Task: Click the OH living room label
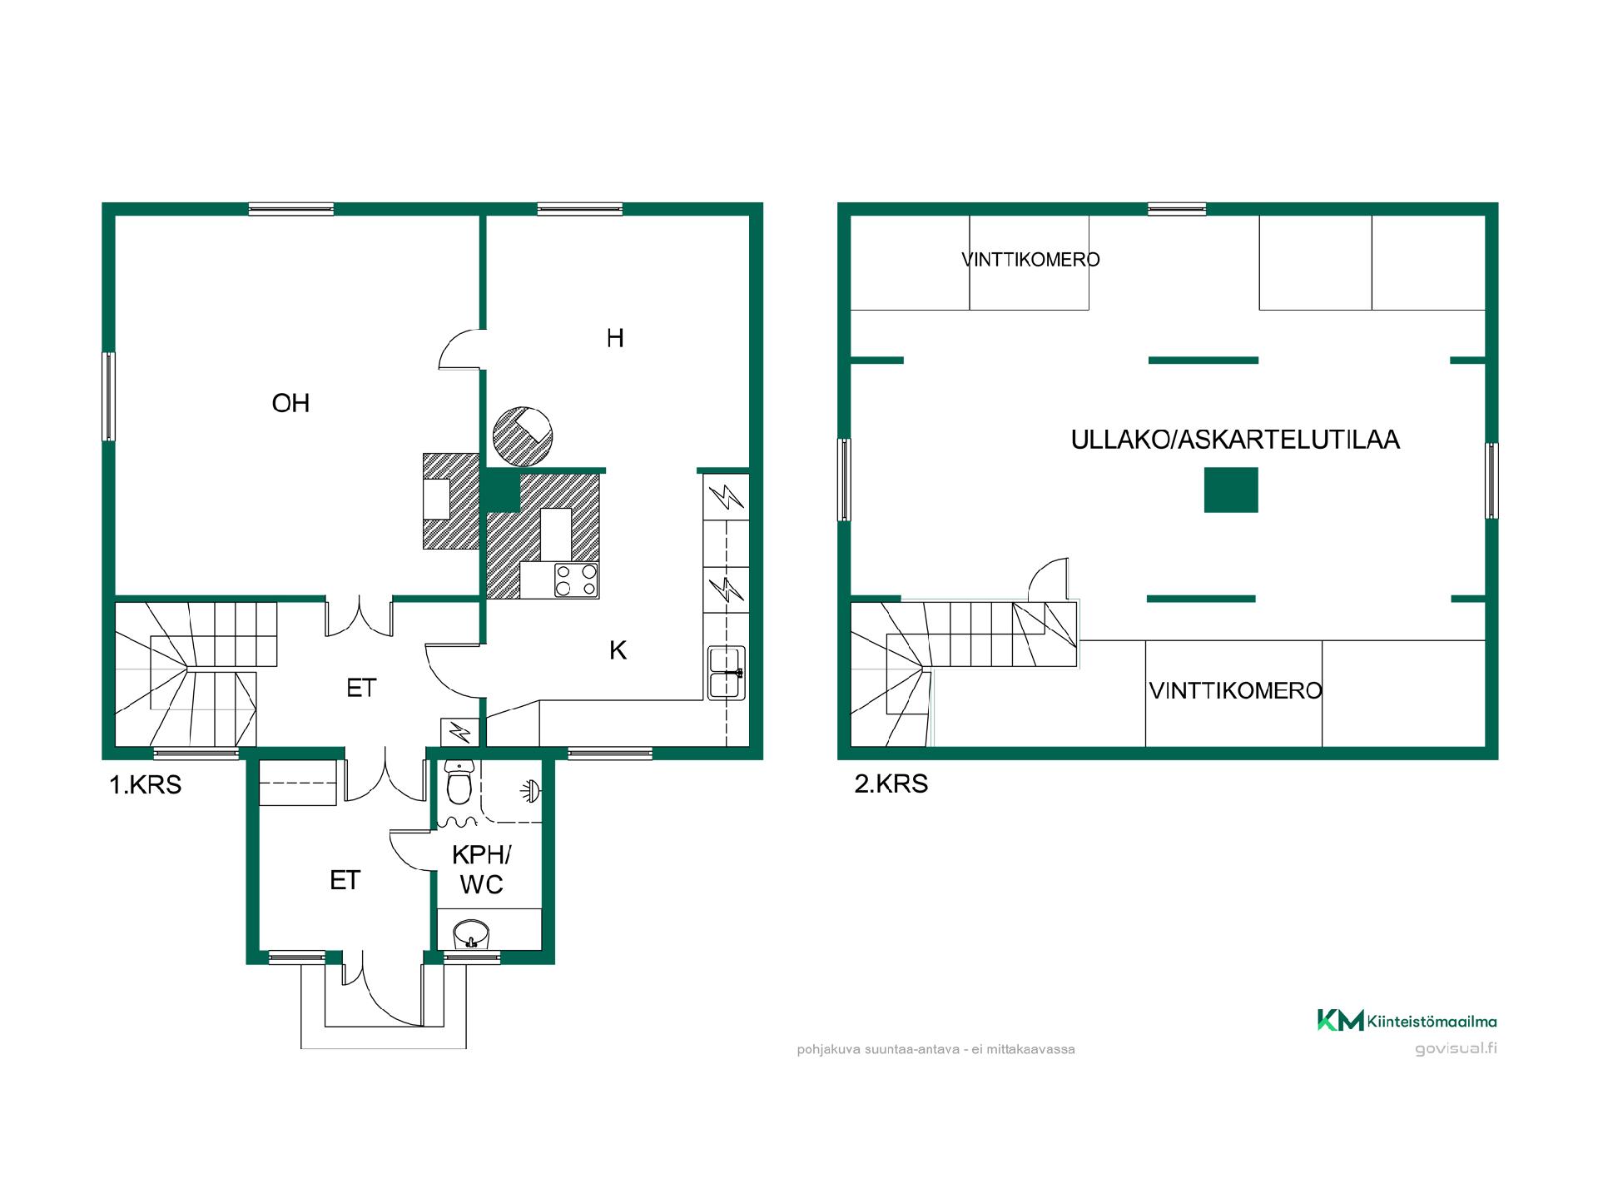[290, 404]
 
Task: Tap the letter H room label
[615, 338]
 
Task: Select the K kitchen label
[618, 650]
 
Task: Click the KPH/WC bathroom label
[482, 869]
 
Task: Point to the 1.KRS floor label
[146, 784]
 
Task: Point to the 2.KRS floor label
[891, 784]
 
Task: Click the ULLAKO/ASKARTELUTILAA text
[1235, 440]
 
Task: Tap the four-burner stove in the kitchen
[577, 580]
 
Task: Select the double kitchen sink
[726, 672]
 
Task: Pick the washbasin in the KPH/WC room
[471, 934]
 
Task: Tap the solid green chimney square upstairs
[1231, 490]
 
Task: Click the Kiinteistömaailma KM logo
[1407, 1021]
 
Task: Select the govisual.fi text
[1456, 1048]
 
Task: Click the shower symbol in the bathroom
[530, 789]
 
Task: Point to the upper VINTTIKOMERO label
[1030, 260]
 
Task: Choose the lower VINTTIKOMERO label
[1235, 690]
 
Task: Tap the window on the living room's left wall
[108, 396]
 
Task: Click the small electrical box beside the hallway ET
[459, 732]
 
